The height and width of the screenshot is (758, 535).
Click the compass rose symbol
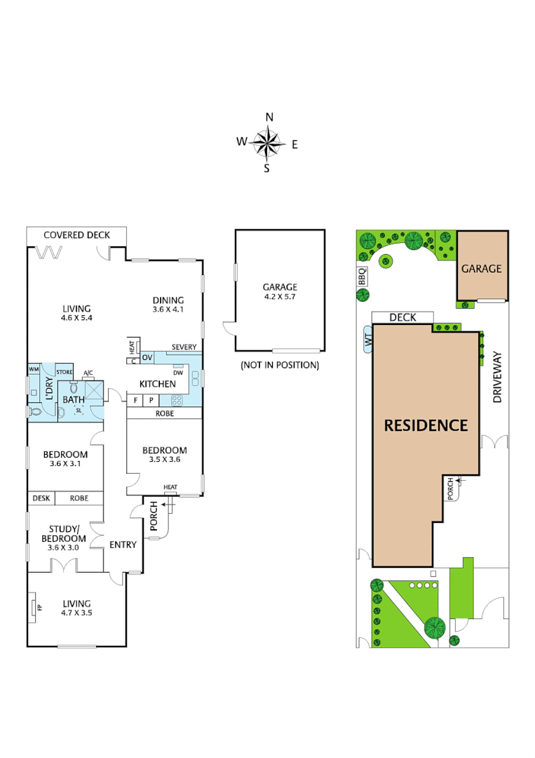click(266, 144)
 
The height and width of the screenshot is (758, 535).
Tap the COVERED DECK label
click(76, 235)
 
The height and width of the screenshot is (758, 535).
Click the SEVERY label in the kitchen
click(184, 347)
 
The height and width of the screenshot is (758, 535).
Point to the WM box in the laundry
click(33, 369)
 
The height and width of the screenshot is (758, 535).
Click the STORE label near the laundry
click(65, 373)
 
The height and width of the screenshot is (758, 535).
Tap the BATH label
click(74, 399)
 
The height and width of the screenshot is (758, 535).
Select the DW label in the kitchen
click(179, 373)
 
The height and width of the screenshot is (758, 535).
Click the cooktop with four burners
click(177, 401)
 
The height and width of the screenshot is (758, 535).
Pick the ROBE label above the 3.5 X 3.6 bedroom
click(165, 414)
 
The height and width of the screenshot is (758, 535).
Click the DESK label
click(41, 498)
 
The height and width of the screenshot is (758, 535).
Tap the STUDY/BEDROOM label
click(67, 534)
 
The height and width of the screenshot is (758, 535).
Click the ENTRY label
click(123, 545)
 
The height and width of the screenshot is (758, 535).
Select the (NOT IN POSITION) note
click(280, 365)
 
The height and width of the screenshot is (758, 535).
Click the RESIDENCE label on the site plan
click(426, 425)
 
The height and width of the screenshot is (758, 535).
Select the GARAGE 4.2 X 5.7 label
click(280, 292)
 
